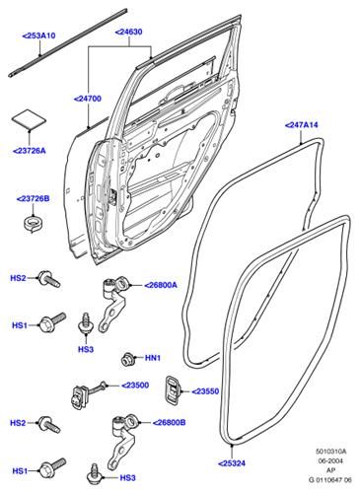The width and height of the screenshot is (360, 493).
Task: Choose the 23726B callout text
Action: coord(32,198)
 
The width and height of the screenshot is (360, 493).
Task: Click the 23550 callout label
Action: coord(208,391)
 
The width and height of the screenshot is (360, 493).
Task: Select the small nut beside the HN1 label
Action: coord(128,356)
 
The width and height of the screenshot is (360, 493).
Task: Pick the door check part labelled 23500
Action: coord(81,394)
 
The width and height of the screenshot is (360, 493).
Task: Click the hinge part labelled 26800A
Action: coord(117,294)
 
